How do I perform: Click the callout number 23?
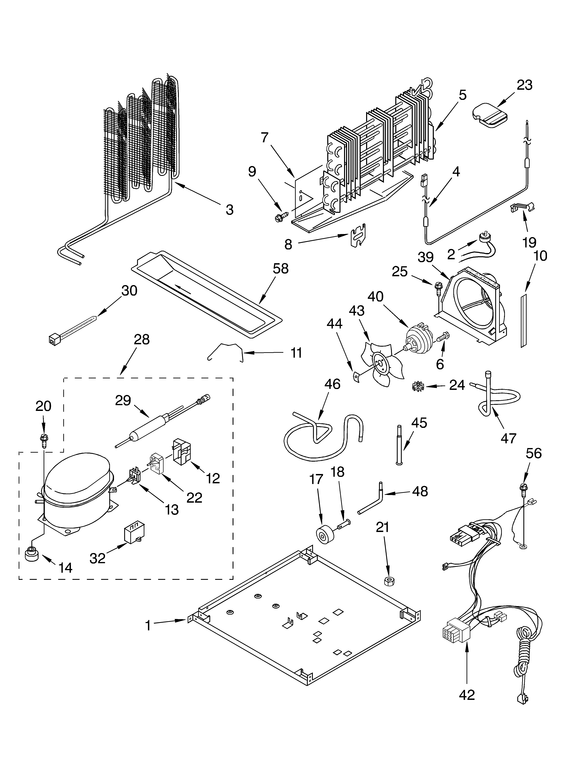(524, 85)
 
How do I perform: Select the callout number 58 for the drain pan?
(280, 269)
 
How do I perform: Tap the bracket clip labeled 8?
(358, 235)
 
